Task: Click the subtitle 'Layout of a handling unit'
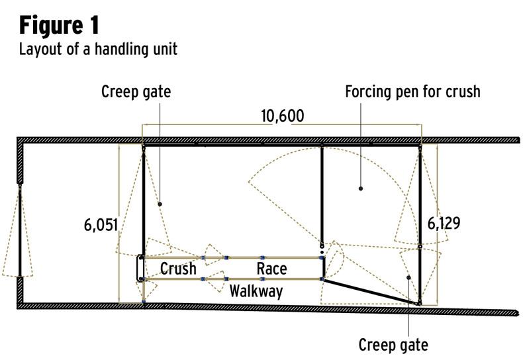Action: (x=98, y=49)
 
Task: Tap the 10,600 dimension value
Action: (x=282, y=116)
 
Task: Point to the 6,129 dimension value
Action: (x=443, y=223)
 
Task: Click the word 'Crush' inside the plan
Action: (x=179, y=268)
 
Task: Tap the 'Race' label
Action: (x=271, y=268)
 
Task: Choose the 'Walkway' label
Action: (x=256, y=291)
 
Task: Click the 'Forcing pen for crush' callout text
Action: (x=412, y=91)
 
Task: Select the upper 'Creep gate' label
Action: (x=136, y=91)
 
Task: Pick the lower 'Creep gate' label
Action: (x=393, y=345)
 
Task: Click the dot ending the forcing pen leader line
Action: (x=361, y=188)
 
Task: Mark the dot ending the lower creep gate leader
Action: (x=409, y=278)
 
